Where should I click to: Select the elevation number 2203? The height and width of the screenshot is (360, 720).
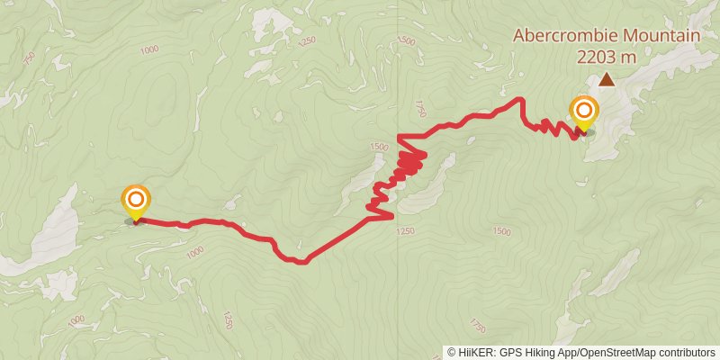point(598,57)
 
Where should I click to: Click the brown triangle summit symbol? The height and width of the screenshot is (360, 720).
point(607,80)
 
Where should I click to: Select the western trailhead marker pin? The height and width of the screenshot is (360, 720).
point(136,200)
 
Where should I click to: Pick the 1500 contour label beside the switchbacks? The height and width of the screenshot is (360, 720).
point(379,147)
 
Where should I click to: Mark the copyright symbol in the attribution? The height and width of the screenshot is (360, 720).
point(453,353)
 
